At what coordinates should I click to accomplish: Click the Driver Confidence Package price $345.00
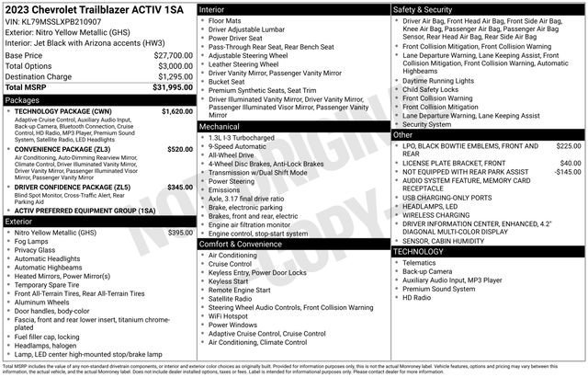click(179, 187)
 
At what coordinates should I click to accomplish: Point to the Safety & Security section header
click(423, 8)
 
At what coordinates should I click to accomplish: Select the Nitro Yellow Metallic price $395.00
click(178, 233)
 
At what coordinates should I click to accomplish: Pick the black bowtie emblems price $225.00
click(568, 145)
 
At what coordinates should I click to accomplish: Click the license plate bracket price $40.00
click(570, 163)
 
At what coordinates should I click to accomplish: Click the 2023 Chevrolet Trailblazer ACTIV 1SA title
click(96, 8)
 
